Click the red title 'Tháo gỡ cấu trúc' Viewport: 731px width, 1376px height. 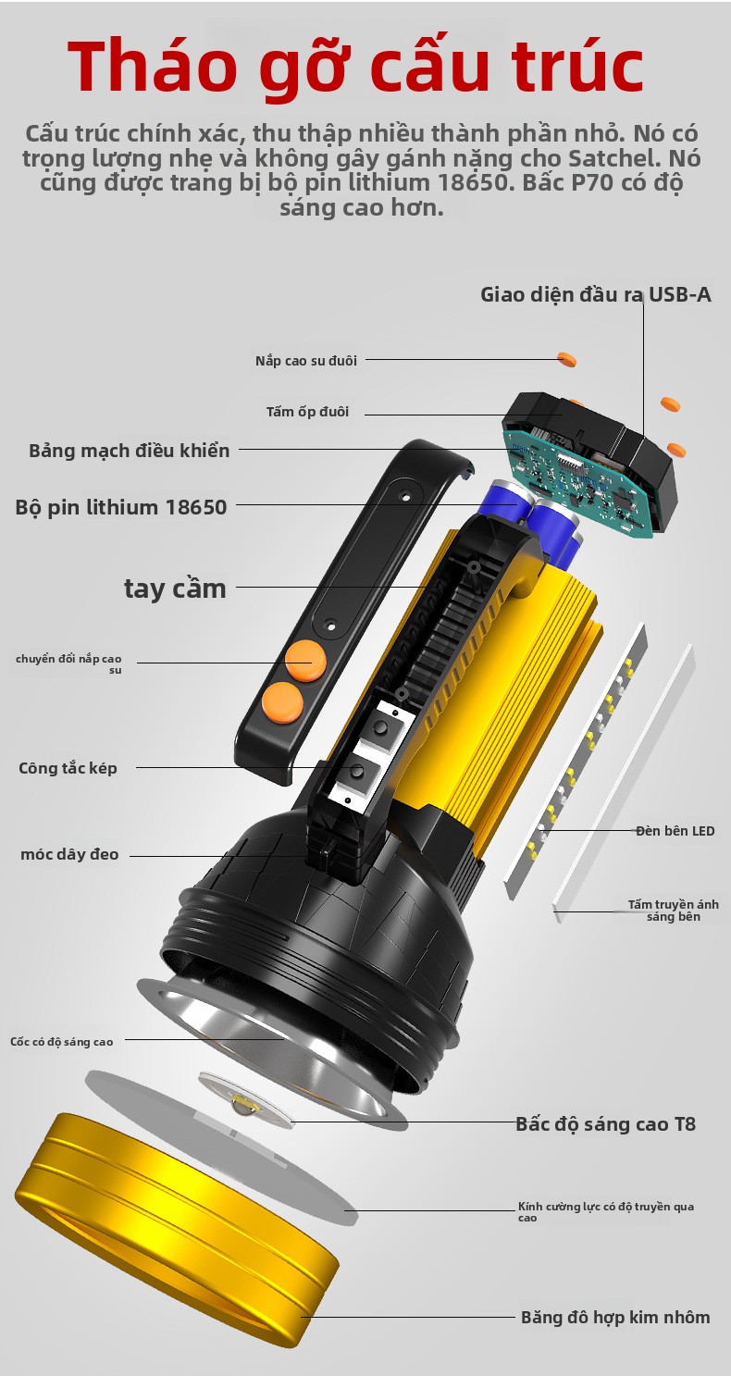click(355, 67)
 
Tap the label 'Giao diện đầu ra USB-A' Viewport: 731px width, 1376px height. click(595, 295)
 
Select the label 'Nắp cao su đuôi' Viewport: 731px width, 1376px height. click(306, 361)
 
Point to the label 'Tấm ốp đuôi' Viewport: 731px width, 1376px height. click(307, 412)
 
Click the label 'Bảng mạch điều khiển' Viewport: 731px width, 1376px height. click(129, 451)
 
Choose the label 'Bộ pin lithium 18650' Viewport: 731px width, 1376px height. click(121, 507)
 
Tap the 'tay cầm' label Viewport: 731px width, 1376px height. click(175, 589)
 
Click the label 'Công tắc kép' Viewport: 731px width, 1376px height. click(68, 768)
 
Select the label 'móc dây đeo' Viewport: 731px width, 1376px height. click(69, 854)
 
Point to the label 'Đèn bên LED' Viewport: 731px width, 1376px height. click(675, 831)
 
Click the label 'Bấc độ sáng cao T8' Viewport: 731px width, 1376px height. click(605, 1124)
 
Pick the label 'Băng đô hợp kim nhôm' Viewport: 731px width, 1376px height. click(615, 1318)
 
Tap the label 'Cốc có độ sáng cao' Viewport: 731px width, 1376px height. click(61, 1042)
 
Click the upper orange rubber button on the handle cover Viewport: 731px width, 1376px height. click(305, 661)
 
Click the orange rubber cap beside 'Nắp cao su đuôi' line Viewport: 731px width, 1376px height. click(566, 359)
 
